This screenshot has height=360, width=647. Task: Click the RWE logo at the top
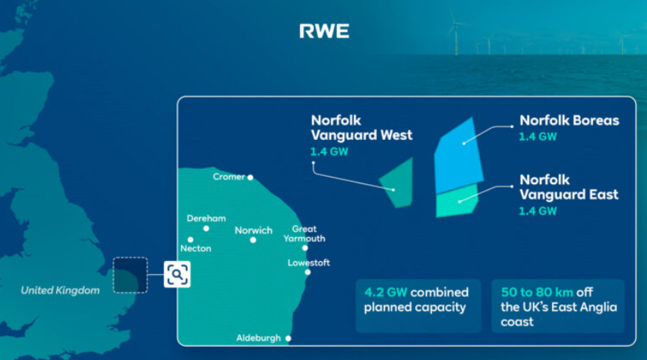325,31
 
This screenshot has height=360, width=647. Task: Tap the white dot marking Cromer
250,177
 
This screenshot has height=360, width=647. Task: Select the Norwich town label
254,231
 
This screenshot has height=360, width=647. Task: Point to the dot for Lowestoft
308,272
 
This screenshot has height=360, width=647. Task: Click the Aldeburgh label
258,338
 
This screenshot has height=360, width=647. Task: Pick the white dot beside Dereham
206,228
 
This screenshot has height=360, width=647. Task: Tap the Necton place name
195,248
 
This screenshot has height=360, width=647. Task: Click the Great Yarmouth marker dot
305,248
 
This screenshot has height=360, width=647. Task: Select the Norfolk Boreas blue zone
458,157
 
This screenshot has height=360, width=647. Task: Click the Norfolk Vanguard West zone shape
398,183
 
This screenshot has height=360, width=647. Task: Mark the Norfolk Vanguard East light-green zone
457,201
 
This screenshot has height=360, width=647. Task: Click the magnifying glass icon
177,274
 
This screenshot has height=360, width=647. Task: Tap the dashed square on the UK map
130,275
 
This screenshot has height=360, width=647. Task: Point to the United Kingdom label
61,290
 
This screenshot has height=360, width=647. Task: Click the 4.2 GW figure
385,293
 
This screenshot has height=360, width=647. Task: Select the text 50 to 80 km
537,293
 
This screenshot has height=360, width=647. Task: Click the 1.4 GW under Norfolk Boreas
538,137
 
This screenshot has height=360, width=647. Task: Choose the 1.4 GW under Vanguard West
329,151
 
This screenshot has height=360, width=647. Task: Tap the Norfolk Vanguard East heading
568,187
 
